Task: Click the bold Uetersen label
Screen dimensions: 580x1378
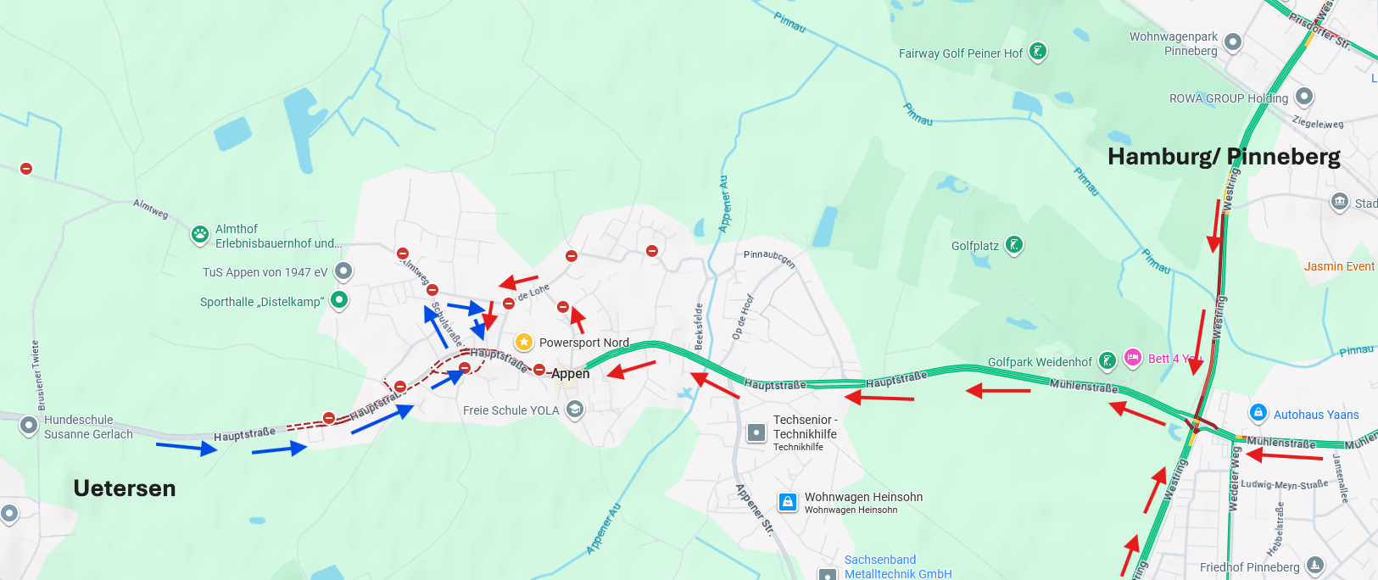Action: click(125, 488)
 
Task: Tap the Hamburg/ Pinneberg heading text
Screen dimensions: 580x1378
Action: click(1224, 157)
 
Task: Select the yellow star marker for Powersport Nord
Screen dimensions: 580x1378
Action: click(524, 342)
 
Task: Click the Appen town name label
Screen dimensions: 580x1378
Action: click(570, 374)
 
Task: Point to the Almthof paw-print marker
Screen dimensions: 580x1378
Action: click(200, 235)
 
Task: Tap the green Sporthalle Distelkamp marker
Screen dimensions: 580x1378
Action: click(339, 299)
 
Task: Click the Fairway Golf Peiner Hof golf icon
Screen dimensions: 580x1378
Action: click(1038, 52)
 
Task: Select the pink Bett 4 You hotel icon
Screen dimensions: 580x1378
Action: click(1133, 357)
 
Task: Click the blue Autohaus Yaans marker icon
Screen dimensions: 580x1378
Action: click(1258, 413)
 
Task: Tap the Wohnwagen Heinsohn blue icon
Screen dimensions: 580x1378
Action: click(788, 502)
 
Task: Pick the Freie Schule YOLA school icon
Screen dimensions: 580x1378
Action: click(575, 410)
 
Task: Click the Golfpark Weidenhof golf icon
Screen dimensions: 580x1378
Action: click(1107, 360)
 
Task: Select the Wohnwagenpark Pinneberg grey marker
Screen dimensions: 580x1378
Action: click(1233, 42)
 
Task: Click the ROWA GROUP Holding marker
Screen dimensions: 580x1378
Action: click(1304, 97)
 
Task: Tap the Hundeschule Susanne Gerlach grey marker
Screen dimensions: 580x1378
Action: click(29, 425)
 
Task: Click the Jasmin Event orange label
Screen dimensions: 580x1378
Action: click(1339, 266)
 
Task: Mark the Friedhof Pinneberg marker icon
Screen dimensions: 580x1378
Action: click(1314, 565)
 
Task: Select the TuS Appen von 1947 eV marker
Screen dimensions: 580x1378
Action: click(343, 271)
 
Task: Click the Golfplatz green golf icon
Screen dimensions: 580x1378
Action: click(1013, 245)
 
